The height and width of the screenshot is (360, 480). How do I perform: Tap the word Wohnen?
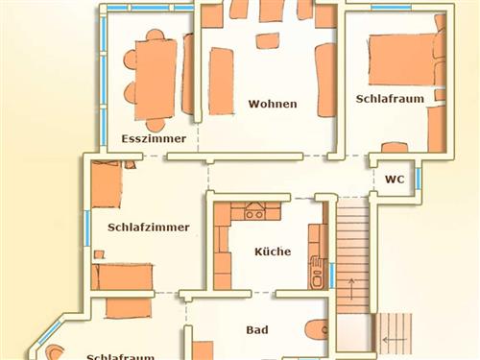[x=273, y=104]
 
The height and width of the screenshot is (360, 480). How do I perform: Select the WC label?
[x=394, y=180]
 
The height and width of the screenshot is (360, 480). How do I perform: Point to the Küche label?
[x=272, y=252]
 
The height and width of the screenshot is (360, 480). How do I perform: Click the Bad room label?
[x=256, y=329]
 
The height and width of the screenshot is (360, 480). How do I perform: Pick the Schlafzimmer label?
[x=149, y=228]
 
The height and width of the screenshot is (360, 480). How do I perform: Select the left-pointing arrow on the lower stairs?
[x=391, y=339]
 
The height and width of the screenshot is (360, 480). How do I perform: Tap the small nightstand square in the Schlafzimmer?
[x=99, y=253]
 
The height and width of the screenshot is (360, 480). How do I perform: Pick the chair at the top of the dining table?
[x=155, y=36]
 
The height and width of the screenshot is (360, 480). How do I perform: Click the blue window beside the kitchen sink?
[x=332, y=274]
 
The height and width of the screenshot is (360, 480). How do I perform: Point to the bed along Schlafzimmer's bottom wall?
[x=122, y=276]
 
